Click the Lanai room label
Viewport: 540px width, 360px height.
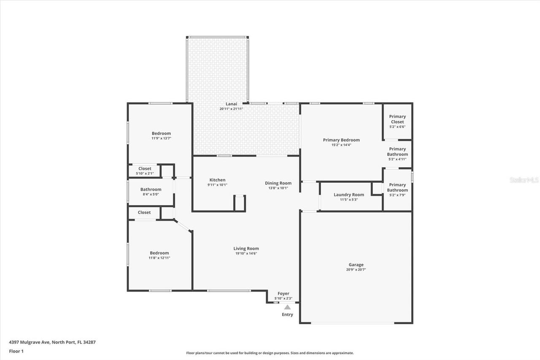pos(231,104)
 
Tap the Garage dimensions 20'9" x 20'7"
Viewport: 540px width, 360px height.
pos(356,270)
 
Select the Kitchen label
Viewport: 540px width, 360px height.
pos(217,180)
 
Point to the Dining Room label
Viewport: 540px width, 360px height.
pos(278,183)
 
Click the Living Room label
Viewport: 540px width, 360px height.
pos(246,249)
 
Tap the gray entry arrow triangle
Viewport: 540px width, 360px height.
pos(287,307)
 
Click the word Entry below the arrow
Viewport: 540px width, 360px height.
pos(287,314)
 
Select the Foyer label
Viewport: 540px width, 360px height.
pos(283,294)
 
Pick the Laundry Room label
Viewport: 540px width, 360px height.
pos(348,195)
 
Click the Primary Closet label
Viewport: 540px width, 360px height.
pos(397,119)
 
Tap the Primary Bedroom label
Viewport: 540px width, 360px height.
pos(341,140)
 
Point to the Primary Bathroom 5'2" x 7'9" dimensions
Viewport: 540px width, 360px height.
pos(397,195)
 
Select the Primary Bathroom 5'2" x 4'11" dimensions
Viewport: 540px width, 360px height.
pos(397,160)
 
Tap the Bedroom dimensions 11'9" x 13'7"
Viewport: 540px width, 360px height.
pos(161,138)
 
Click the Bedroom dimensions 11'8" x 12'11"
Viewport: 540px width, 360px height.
pos(159,258)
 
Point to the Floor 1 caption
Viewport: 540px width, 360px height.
pos(16,351)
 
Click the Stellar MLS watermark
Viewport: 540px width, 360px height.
pos(524,180)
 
